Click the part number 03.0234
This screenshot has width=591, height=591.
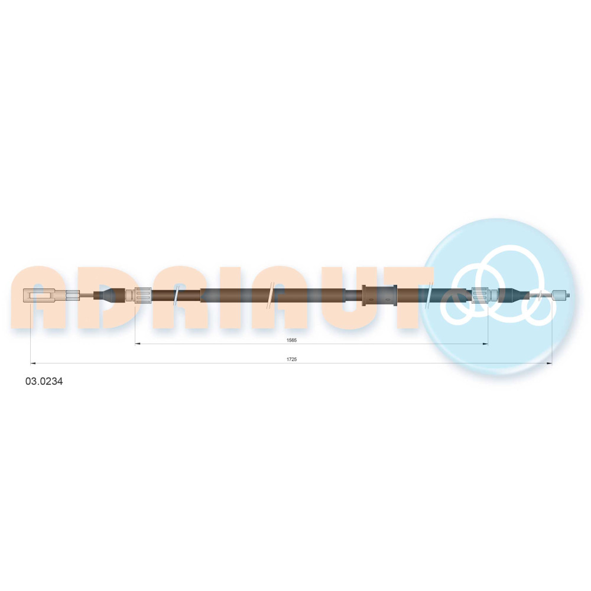(44, 381)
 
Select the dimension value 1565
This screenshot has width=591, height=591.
(292, 340)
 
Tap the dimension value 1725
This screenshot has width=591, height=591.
(292, 359)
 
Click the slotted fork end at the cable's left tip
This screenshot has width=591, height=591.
(40, 295)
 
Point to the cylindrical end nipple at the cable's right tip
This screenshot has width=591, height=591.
(560, 295)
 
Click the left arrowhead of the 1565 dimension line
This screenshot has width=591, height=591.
(138, 344)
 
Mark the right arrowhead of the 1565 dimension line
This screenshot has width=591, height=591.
(485, 344)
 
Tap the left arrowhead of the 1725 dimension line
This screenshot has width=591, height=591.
(33, 363)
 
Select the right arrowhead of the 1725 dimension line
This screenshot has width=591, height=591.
(549, 363)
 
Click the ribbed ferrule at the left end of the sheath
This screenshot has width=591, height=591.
(143, 295)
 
